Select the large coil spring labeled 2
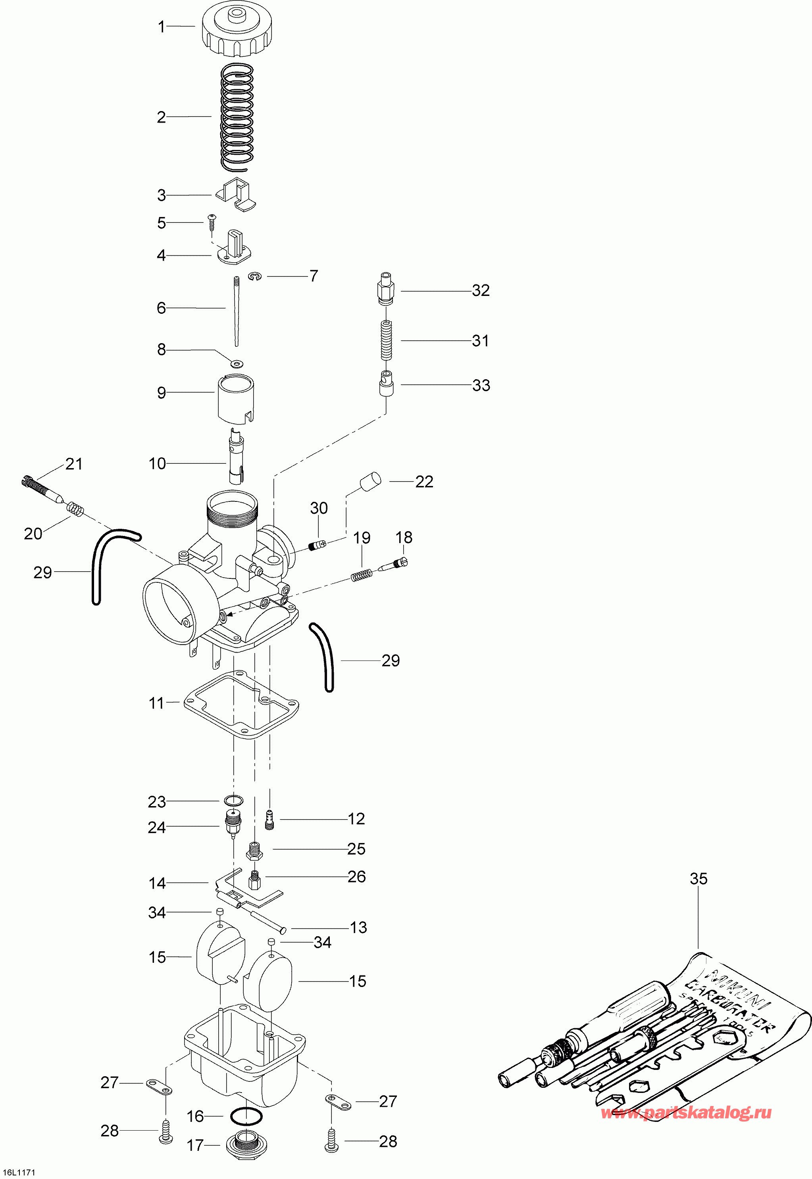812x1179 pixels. pyautogui.click(x=237, y=117)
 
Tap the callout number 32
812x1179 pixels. pyautogui.click(x=480, y=290)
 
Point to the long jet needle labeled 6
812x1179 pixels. pyautogui.click(x=237, y=310)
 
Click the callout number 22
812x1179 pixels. pyautogui.click(x=424, y=482)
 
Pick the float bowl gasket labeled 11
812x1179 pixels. pyautogui.click(x=241, y=704)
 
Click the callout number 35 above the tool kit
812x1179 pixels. pyautogui.click(x=698, y=879)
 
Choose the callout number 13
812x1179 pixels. pyautogui.click(x=358, y=927)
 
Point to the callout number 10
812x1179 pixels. pyautogui.click(x=157, y=463)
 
